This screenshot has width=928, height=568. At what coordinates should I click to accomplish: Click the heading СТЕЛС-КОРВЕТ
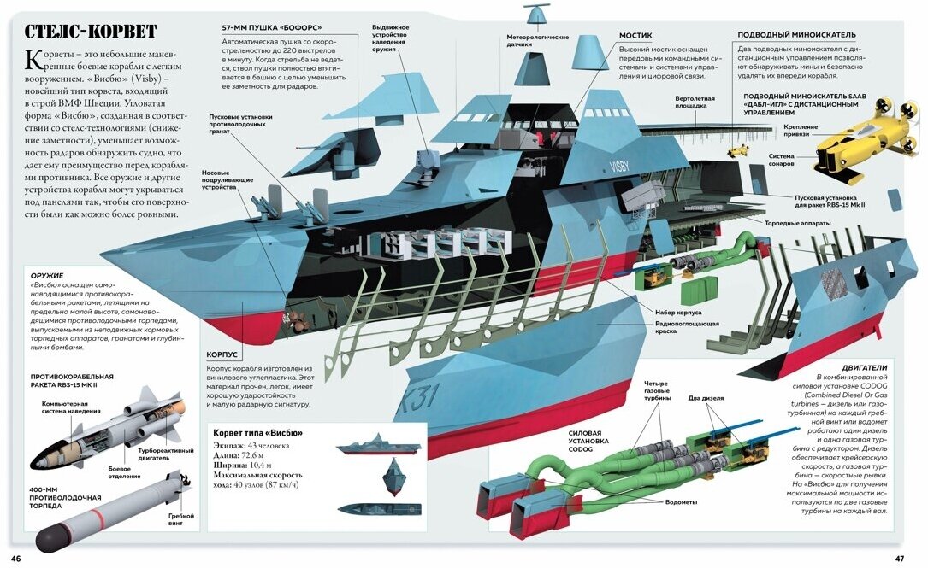tap(90, 32)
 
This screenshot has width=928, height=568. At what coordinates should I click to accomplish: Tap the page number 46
tap(16, 558)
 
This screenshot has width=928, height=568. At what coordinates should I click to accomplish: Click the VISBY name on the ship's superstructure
tap(618, 166)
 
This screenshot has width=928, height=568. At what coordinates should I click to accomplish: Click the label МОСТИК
tap(635, 36)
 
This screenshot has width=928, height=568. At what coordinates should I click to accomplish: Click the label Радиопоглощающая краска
tap(687, 328)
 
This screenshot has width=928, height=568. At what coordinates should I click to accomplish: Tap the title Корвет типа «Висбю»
tap(257, 433)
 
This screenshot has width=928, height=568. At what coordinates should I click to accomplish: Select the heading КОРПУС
tap(222, 354)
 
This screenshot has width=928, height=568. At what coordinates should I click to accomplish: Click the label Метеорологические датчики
tap(537, 40)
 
